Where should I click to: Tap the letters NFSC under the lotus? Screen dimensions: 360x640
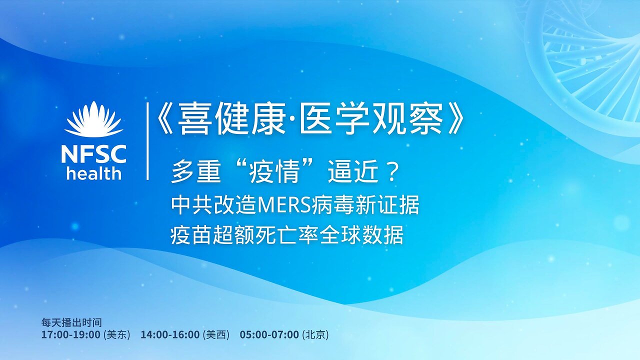[x=93, y=153]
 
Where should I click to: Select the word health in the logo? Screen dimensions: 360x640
[x=93, y=173]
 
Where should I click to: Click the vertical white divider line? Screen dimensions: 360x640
[x=147, y=141]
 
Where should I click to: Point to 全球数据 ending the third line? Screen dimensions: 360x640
[x=372, y=234]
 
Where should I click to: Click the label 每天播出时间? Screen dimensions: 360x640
[x=71, y=322]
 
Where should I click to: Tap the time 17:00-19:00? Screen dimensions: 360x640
[x=70, y=335]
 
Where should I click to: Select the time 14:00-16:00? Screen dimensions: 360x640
[x=170, y=335]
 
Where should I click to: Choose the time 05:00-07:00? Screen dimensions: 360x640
[x=269, y=335]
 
